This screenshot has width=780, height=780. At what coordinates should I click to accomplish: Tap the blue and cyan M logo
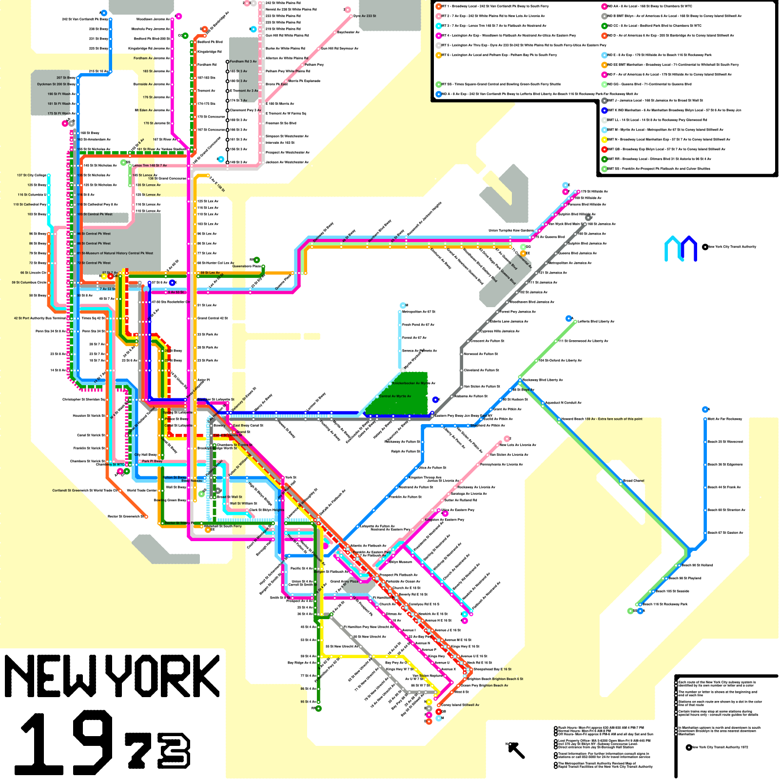point(681,248)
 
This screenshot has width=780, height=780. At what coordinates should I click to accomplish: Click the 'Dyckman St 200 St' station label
point(56,84)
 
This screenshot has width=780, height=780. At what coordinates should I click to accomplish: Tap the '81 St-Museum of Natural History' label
point(115,253)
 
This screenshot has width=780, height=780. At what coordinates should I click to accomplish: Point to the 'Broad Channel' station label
point(634,481)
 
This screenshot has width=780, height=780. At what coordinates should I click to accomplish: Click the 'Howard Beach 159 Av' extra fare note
point(602,419)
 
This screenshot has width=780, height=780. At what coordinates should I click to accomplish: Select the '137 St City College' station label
point(32,175)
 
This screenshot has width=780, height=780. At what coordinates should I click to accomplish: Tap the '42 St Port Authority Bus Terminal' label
point(39,318)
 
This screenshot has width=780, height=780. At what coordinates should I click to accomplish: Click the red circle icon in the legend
point(604,149)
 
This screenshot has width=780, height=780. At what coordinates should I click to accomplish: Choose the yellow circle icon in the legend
point(604,139)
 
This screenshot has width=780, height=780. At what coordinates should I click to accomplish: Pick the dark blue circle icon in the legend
point(604,110)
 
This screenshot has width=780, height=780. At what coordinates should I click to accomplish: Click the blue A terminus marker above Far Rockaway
point(705,409)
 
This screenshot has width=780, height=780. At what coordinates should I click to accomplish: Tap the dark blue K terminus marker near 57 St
point(172,283)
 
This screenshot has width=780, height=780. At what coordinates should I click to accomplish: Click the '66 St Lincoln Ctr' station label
point(33,273)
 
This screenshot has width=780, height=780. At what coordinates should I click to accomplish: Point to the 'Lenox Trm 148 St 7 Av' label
point(150,165)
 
